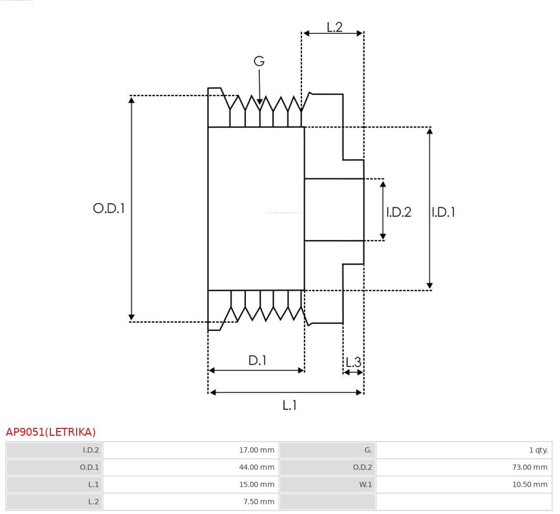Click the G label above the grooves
[259, 61]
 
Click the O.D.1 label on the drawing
[109, 208]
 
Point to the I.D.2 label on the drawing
[399, 212]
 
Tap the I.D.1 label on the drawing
[443, 212]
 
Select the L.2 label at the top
[335, 27]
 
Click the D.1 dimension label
[257, 360]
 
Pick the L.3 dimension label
[354, 362]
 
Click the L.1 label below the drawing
[289, 405]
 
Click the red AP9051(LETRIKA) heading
[51, 432]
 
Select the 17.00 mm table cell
[191, 450]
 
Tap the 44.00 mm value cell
[191, 467]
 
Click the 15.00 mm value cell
[191, 485]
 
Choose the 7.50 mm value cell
[191, 501]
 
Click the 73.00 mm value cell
[464, 467]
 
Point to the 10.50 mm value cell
[464, 485]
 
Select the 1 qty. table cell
[464, 450]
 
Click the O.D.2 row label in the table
[362, 467]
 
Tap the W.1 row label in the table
[365, 485]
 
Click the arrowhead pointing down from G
[260, 102]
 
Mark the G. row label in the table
[368, 450]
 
